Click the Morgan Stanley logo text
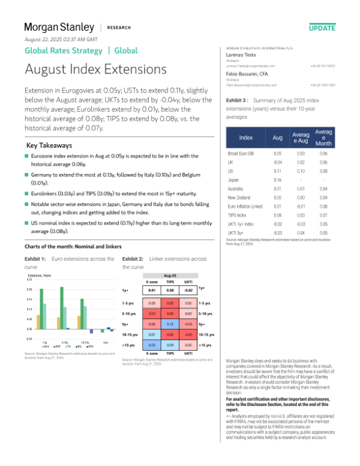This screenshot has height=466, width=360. coord(59,27)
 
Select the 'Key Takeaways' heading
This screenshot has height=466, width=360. coord(50,146)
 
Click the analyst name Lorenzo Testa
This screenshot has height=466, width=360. coord(241,53)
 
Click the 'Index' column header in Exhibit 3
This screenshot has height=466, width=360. coord(246,138)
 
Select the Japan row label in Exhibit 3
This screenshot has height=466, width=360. coord(234,180)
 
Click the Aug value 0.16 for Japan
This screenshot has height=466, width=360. coord(277,180)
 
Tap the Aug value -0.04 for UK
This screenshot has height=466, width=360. coord(277,163)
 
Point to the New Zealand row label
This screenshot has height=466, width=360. coord(240,196)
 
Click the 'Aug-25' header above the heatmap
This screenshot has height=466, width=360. coord(170,273)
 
